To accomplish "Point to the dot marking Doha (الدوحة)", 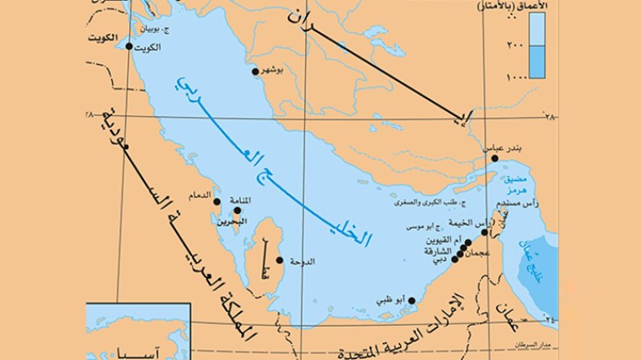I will [x=281, y=260].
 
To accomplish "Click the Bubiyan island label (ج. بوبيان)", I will [x=154, y=30].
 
